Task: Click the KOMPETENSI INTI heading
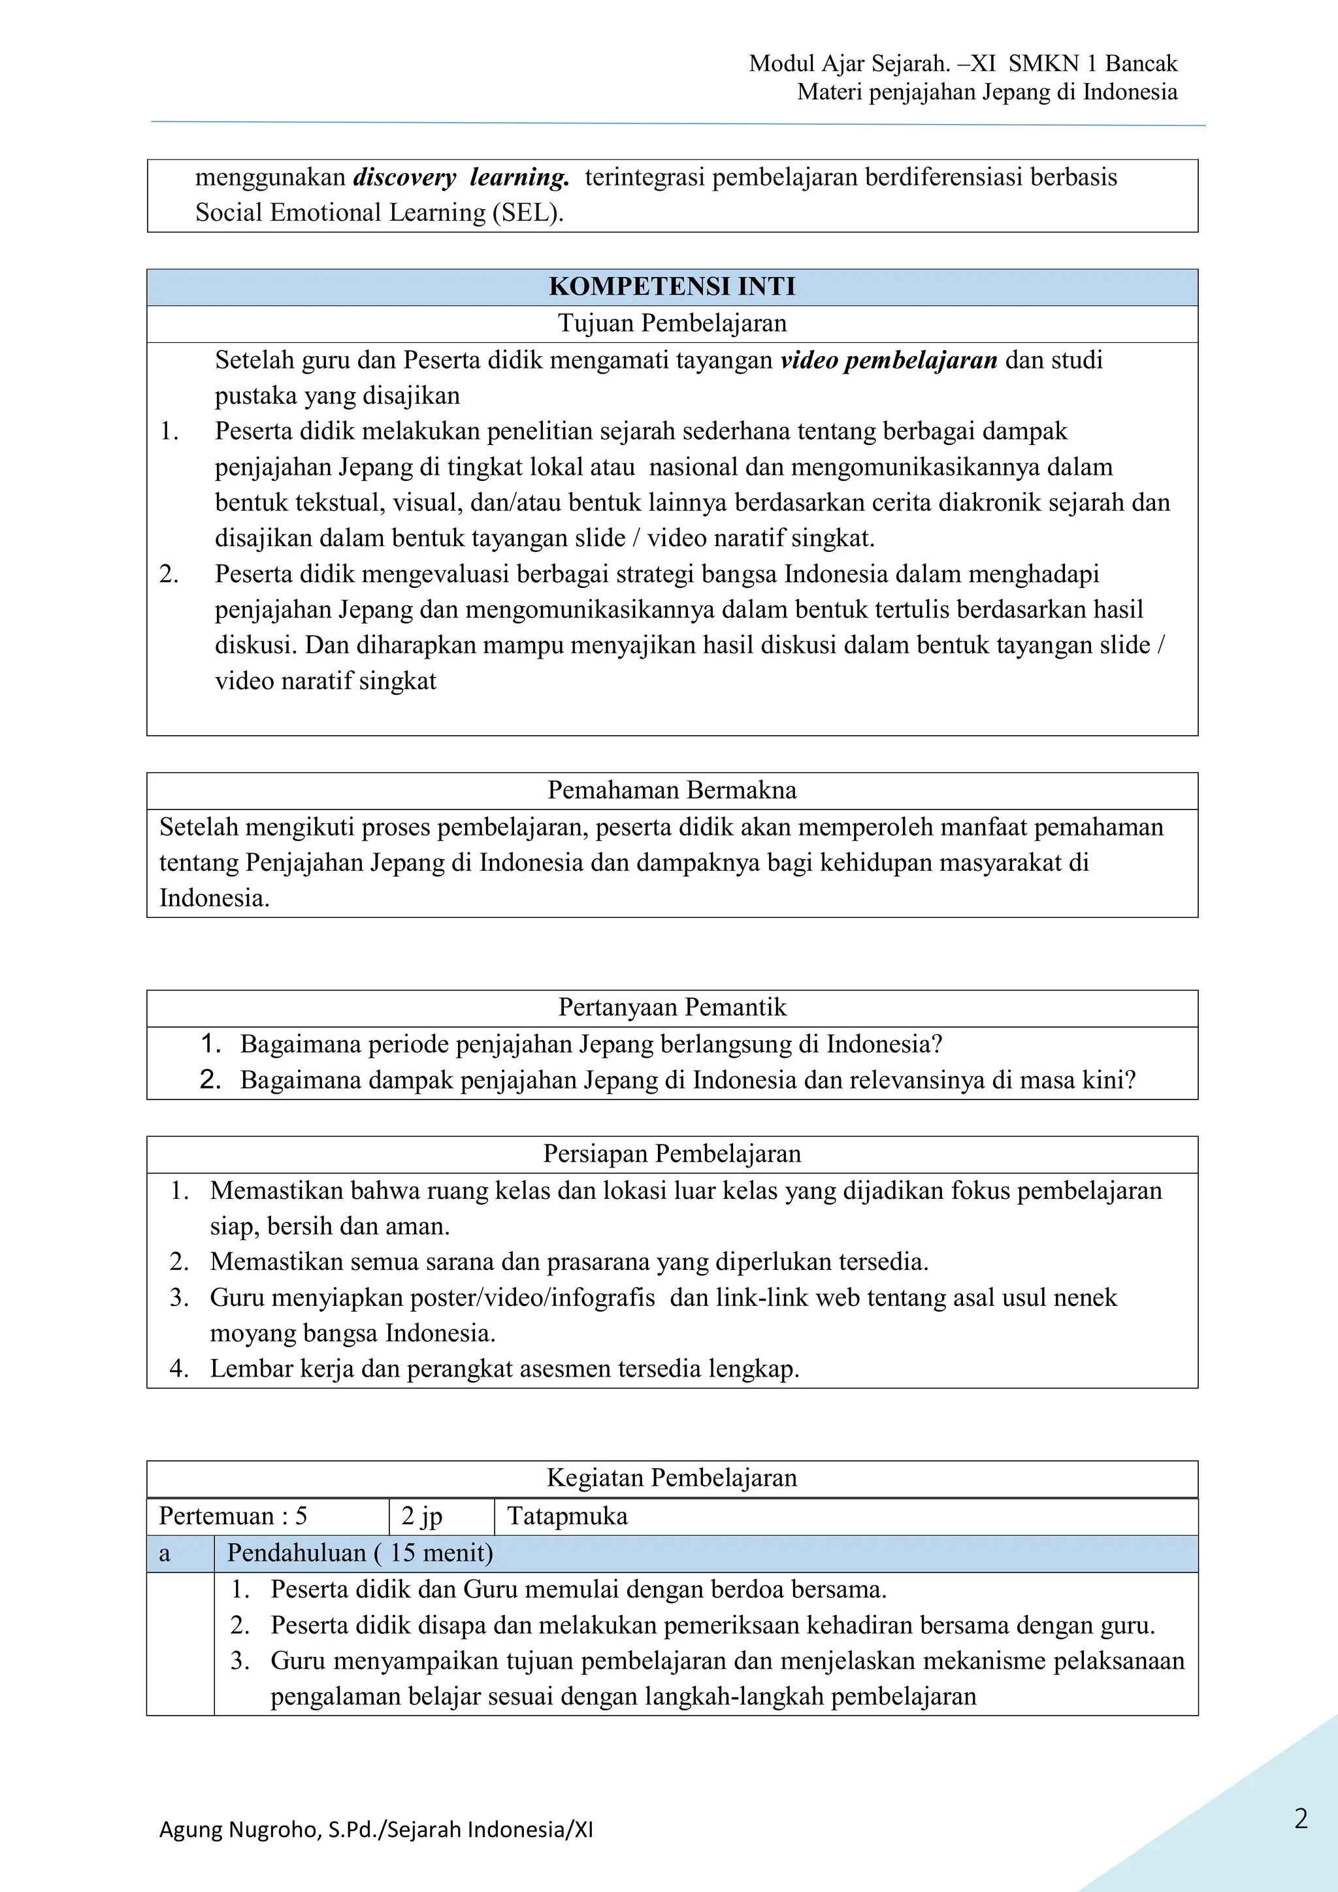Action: pyautogui.click(x=672, y=287)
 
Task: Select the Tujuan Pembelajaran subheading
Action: pyautogui.click(x=672, y=323)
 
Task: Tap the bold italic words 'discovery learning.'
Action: pyautogui.click(x=461, y=177)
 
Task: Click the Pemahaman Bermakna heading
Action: pyautogui.click(x=672, y=791)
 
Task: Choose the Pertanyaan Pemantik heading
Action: pyautogui.click(x=672, y=1007)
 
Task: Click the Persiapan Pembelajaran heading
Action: pyautogui.click(x=672, y=1154)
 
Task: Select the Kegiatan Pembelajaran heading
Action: pyautogui.click(x=672, y=1478)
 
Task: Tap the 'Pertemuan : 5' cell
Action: pyautogui.click(x=233, y=1516)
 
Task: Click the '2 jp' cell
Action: pyautogui.click(x=422, y=1516)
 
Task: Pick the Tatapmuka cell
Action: pyautogui.click(x=568, y=1516)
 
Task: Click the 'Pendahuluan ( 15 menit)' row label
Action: pyautogui.click(x=360, y=1554)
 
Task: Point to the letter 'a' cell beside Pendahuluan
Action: pyautogui.click(x=165, y=1554)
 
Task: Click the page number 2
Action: pyautogui.click(x=1301, y=1819)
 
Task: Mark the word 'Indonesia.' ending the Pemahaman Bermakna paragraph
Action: pyautogui.click(x=214, y=898)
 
